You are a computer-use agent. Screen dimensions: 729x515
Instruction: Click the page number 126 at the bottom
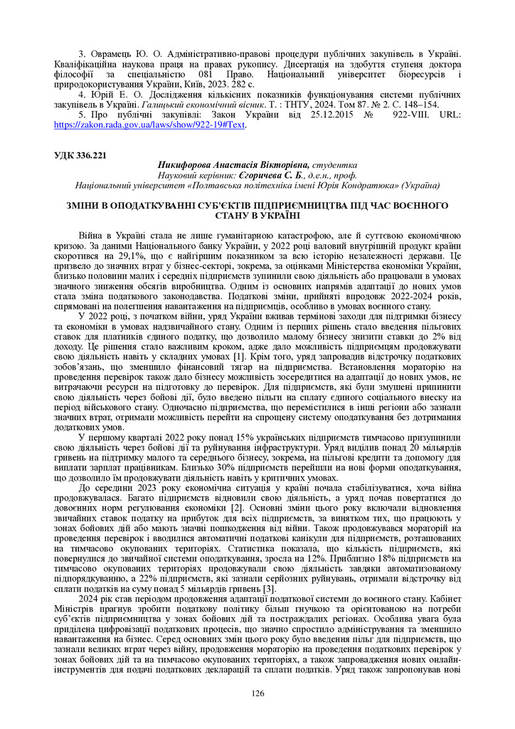tap(257, 693)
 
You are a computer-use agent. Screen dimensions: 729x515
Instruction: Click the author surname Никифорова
tap(191, 164)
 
